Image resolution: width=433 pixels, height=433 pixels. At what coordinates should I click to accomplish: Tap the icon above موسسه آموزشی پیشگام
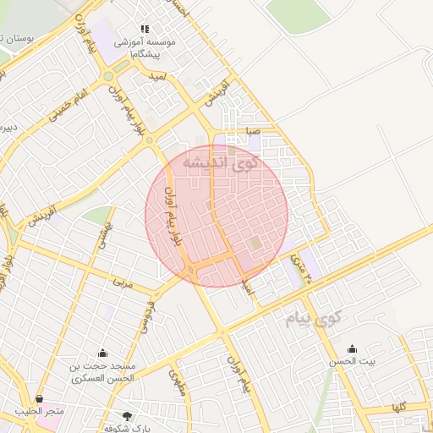pos(144,29)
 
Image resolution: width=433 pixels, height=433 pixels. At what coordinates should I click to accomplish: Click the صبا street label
pos(253,132)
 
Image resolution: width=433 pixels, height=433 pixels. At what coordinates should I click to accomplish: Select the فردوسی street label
pos(148,312)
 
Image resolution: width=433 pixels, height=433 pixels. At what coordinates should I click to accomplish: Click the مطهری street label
pos(178,381)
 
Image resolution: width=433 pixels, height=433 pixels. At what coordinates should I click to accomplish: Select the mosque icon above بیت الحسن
pos(352,348)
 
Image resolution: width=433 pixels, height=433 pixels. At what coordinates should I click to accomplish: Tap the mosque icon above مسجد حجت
pos(103,353)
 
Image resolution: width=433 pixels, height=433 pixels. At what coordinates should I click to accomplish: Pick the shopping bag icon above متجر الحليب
pos(39,398)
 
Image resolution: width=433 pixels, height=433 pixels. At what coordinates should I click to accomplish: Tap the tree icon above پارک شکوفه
pos(128,415)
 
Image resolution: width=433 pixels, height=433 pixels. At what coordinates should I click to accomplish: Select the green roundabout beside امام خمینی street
pos(108,77)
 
